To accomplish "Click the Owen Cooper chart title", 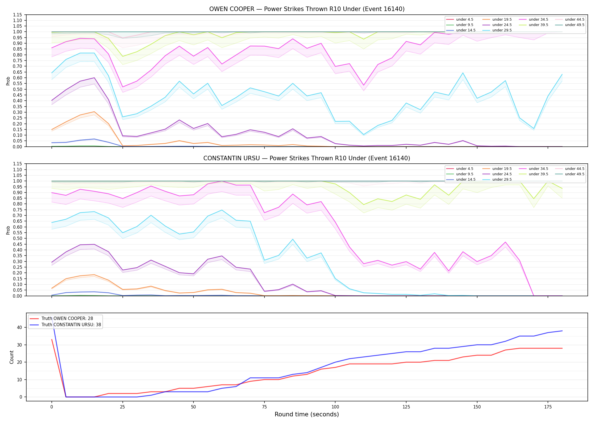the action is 307,9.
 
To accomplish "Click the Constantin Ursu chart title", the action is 307,158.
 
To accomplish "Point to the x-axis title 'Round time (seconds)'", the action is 307,414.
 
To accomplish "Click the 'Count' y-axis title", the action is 12,357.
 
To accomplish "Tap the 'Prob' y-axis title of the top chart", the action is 8,81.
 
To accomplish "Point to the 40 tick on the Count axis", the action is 20,327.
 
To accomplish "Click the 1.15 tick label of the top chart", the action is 18,15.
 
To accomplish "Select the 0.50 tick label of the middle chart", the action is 18,239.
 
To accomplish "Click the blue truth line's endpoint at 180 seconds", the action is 562,331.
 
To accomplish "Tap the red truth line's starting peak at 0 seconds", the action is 52,339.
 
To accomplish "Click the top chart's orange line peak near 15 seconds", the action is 94,112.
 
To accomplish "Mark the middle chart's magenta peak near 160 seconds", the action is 505,242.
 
